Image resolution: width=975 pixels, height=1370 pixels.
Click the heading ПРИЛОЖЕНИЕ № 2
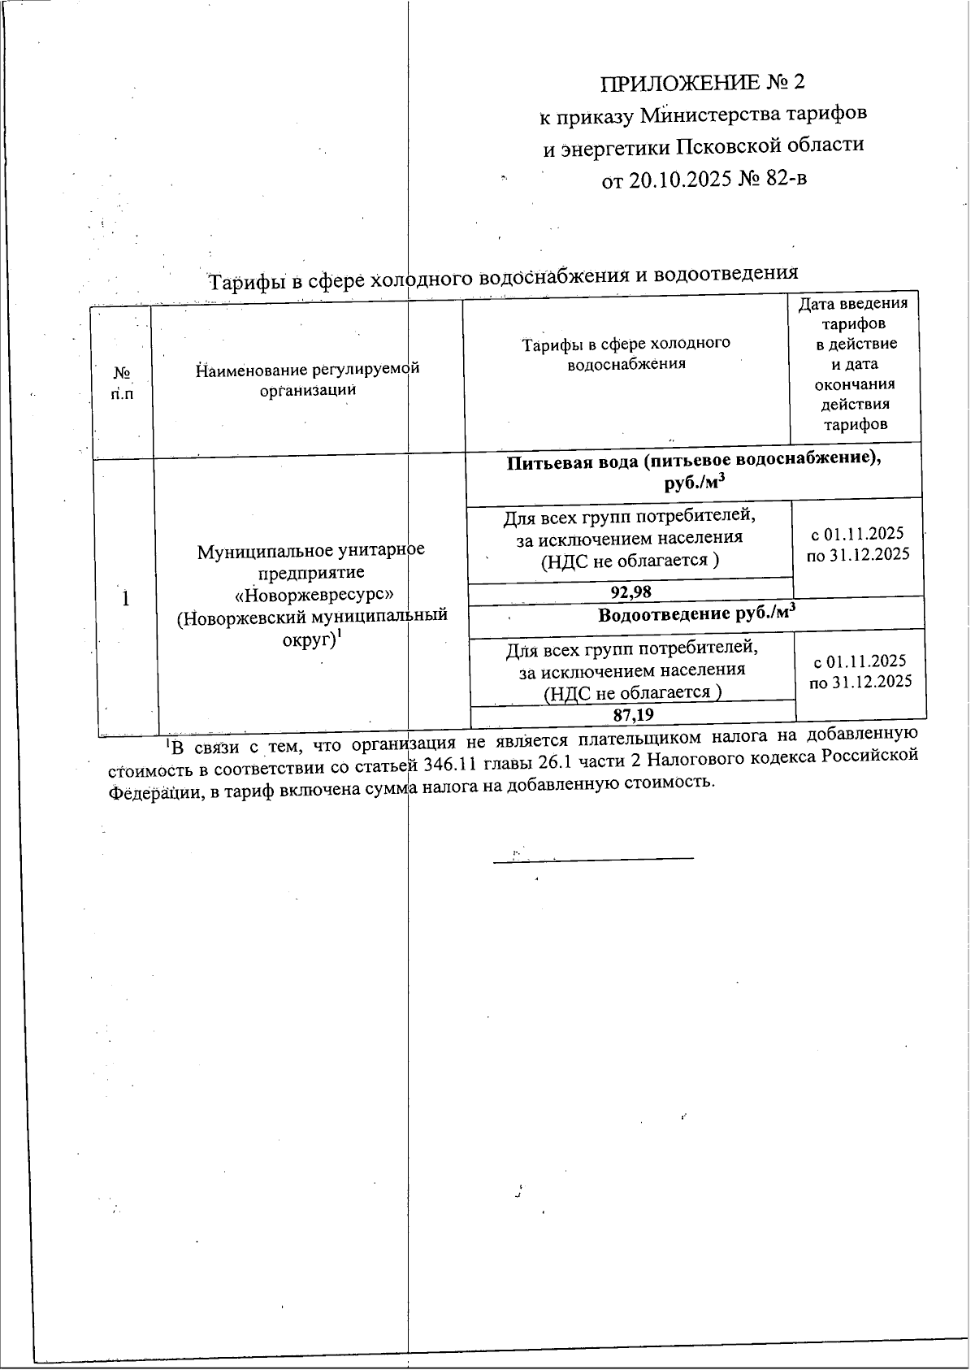coord(703,83)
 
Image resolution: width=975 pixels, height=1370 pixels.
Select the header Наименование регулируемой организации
coord(308,379)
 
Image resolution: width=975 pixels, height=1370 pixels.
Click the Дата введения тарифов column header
coord(855,363)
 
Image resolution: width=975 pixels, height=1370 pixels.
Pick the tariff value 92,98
coord(631,592)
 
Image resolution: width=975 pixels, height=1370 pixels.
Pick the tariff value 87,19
coord(634,715)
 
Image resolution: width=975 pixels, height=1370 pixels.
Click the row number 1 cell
coord(126,599)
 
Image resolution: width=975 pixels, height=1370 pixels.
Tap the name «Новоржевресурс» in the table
coord(309,593)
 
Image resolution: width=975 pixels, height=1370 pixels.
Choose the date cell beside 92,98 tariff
coord(857,544)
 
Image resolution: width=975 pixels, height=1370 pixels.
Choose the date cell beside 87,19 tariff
coord(860,671)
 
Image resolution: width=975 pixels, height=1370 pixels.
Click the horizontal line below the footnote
coord(593,858)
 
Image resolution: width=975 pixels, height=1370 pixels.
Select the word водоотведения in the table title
coord(726,273)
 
